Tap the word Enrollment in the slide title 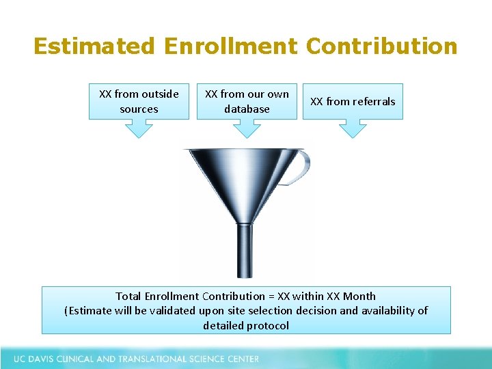[x=230, y=46]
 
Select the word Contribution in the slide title [x=381, y=46]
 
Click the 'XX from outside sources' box [x=139, y=101]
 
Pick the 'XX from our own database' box [x=247, y=101]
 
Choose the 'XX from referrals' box [x=353, y=101]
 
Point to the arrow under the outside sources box [x=139, y=128]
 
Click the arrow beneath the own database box [x=247, y=128]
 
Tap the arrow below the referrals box [x=353, y=128]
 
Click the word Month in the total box [x=360, y=296]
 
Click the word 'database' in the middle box [x=247, y=109]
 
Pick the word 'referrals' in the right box [x=373, y=101]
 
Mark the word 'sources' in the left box [x=139, y=109]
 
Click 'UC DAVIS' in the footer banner [x=35, y=359]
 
